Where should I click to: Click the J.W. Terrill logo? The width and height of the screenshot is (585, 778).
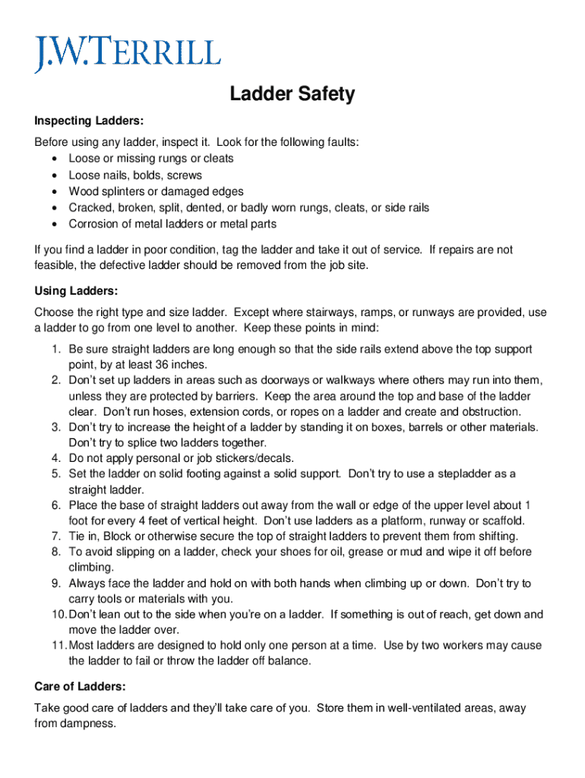127,53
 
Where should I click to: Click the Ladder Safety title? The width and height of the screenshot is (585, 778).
292,94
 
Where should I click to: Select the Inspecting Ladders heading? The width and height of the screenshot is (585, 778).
89,122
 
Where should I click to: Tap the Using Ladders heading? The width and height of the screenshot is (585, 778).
76,291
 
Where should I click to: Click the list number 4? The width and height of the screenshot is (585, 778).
56,458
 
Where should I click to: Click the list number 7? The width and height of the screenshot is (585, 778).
56,536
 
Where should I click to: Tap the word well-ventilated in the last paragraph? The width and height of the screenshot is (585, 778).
429,707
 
